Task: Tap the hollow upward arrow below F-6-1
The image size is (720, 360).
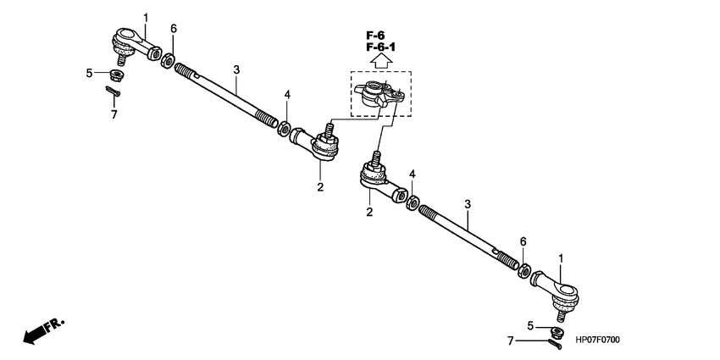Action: [x=380, y=61]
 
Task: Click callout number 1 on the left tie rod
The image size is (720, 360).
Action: [x=145, y=17]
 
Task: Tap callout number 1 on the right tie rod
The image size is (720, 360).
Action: [x=559, y=258]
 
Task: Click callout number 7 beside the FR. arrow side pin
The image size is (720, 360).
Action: [x=114, y=114]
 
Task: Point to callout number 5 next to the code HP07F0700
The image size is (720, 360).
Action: [x=529, y=324]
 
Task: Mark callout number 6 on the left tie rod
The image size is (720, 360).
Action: [x=173, y=29]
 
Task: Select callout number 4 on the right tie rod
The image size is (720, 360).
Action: [x=413, y=174]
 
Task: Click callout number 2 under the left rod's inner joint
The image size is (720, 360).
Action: [x=320, y=186]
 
